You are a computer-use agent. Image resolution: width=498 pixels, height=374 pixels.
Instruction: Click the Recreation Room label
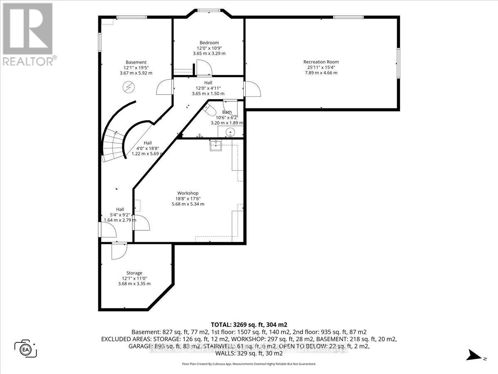click(321, 62)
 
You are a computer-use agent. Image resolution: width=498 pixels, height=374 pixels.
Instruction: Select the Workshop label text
click(188, 193)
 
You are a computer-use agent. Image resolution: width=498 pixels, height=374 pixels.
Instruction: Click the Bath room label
click(227, 112)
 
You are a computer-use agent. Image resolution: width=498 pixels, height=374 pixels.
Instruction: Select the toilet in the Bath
click(210, 110)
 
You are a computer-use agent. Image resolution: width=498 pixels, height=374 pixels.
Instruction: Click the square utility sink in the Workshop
click(216, 145)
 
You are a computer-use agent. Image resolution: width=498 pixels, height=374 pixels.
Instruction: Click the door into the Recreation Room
click(252, 89)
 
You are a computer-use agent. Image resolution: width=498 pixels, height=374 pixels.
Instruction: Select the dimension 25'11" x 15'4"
click(321, 67)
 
